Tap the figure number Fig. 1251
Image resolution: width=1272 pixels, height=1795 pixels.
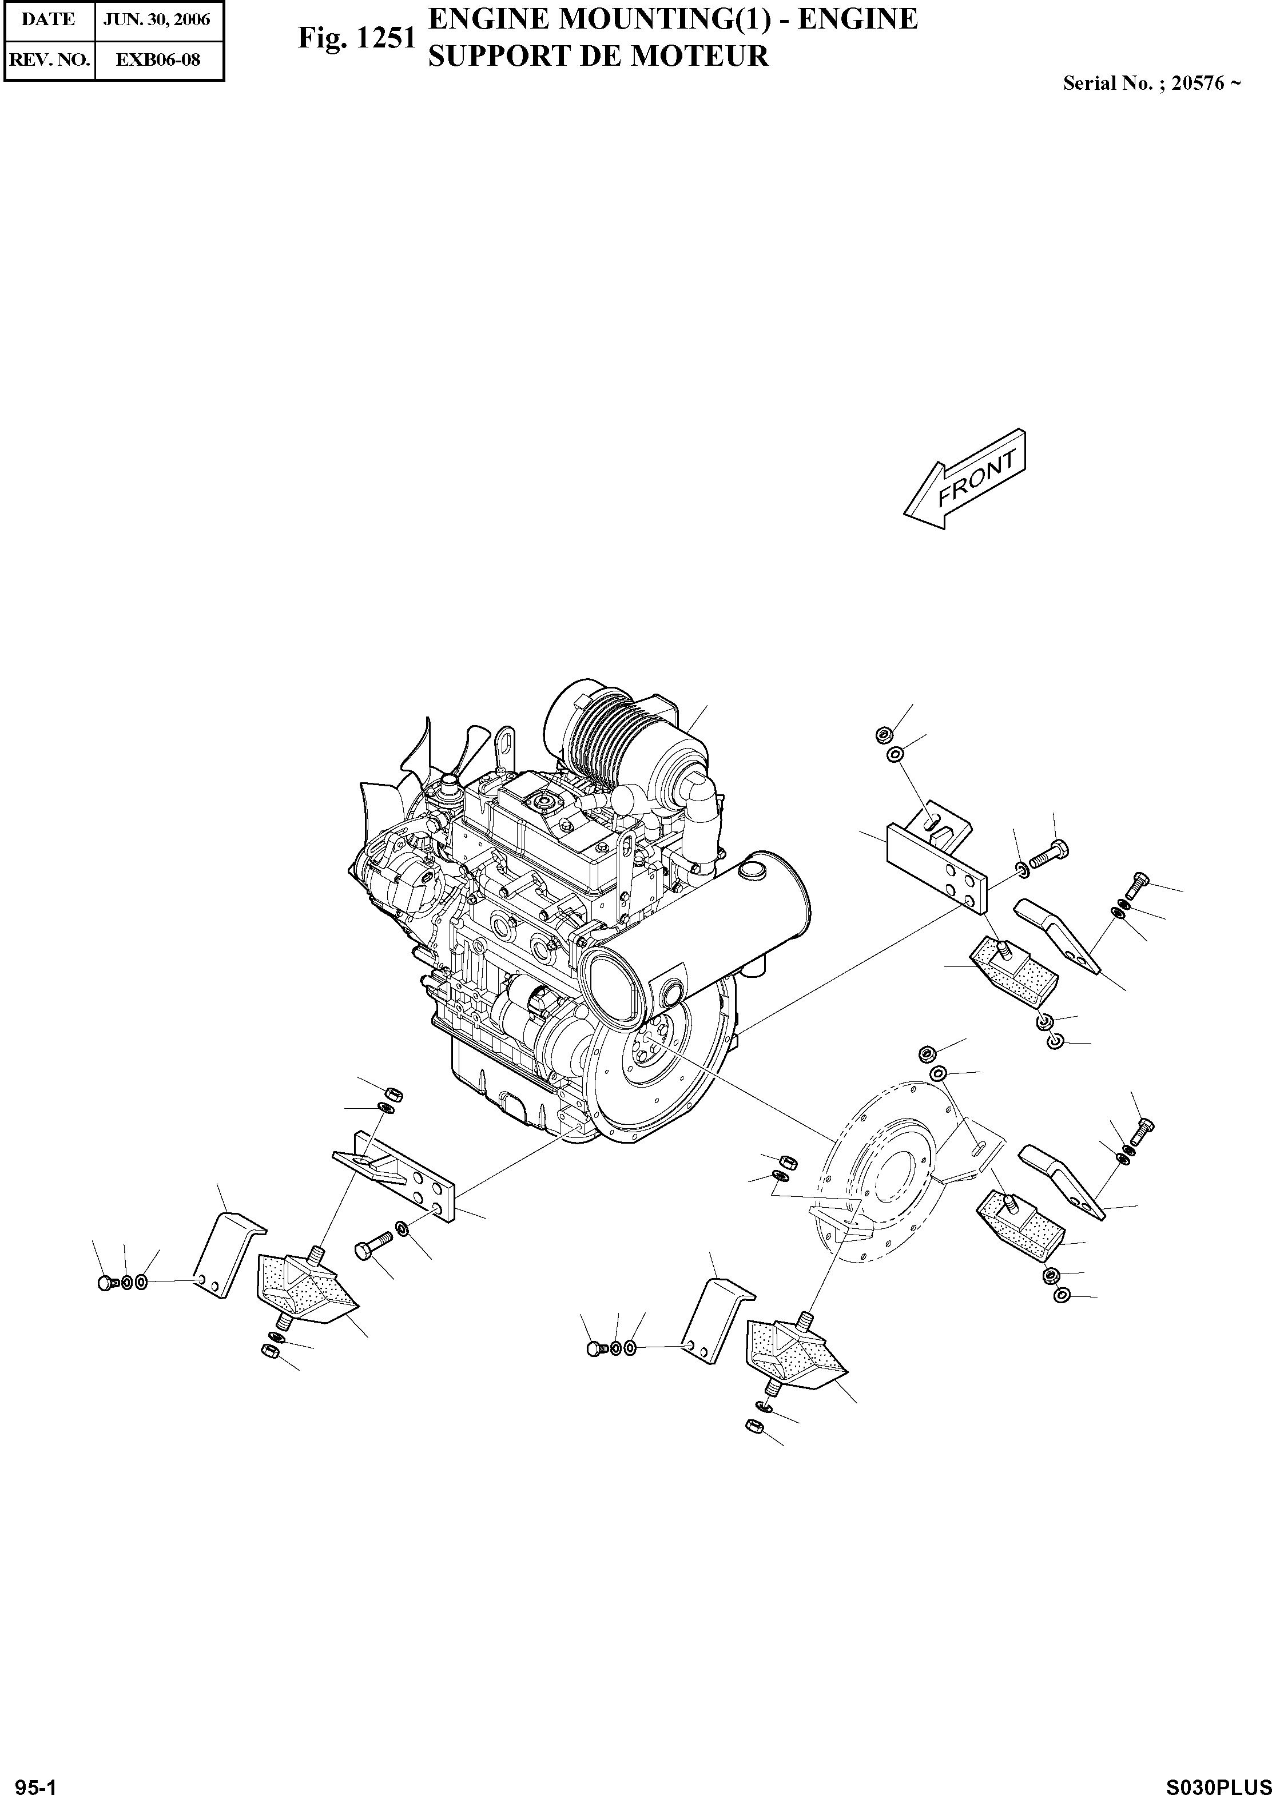click(x=356, y=38)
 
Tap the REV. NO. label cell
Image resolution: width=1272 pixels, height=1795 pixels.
click(x=48, y=60)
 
